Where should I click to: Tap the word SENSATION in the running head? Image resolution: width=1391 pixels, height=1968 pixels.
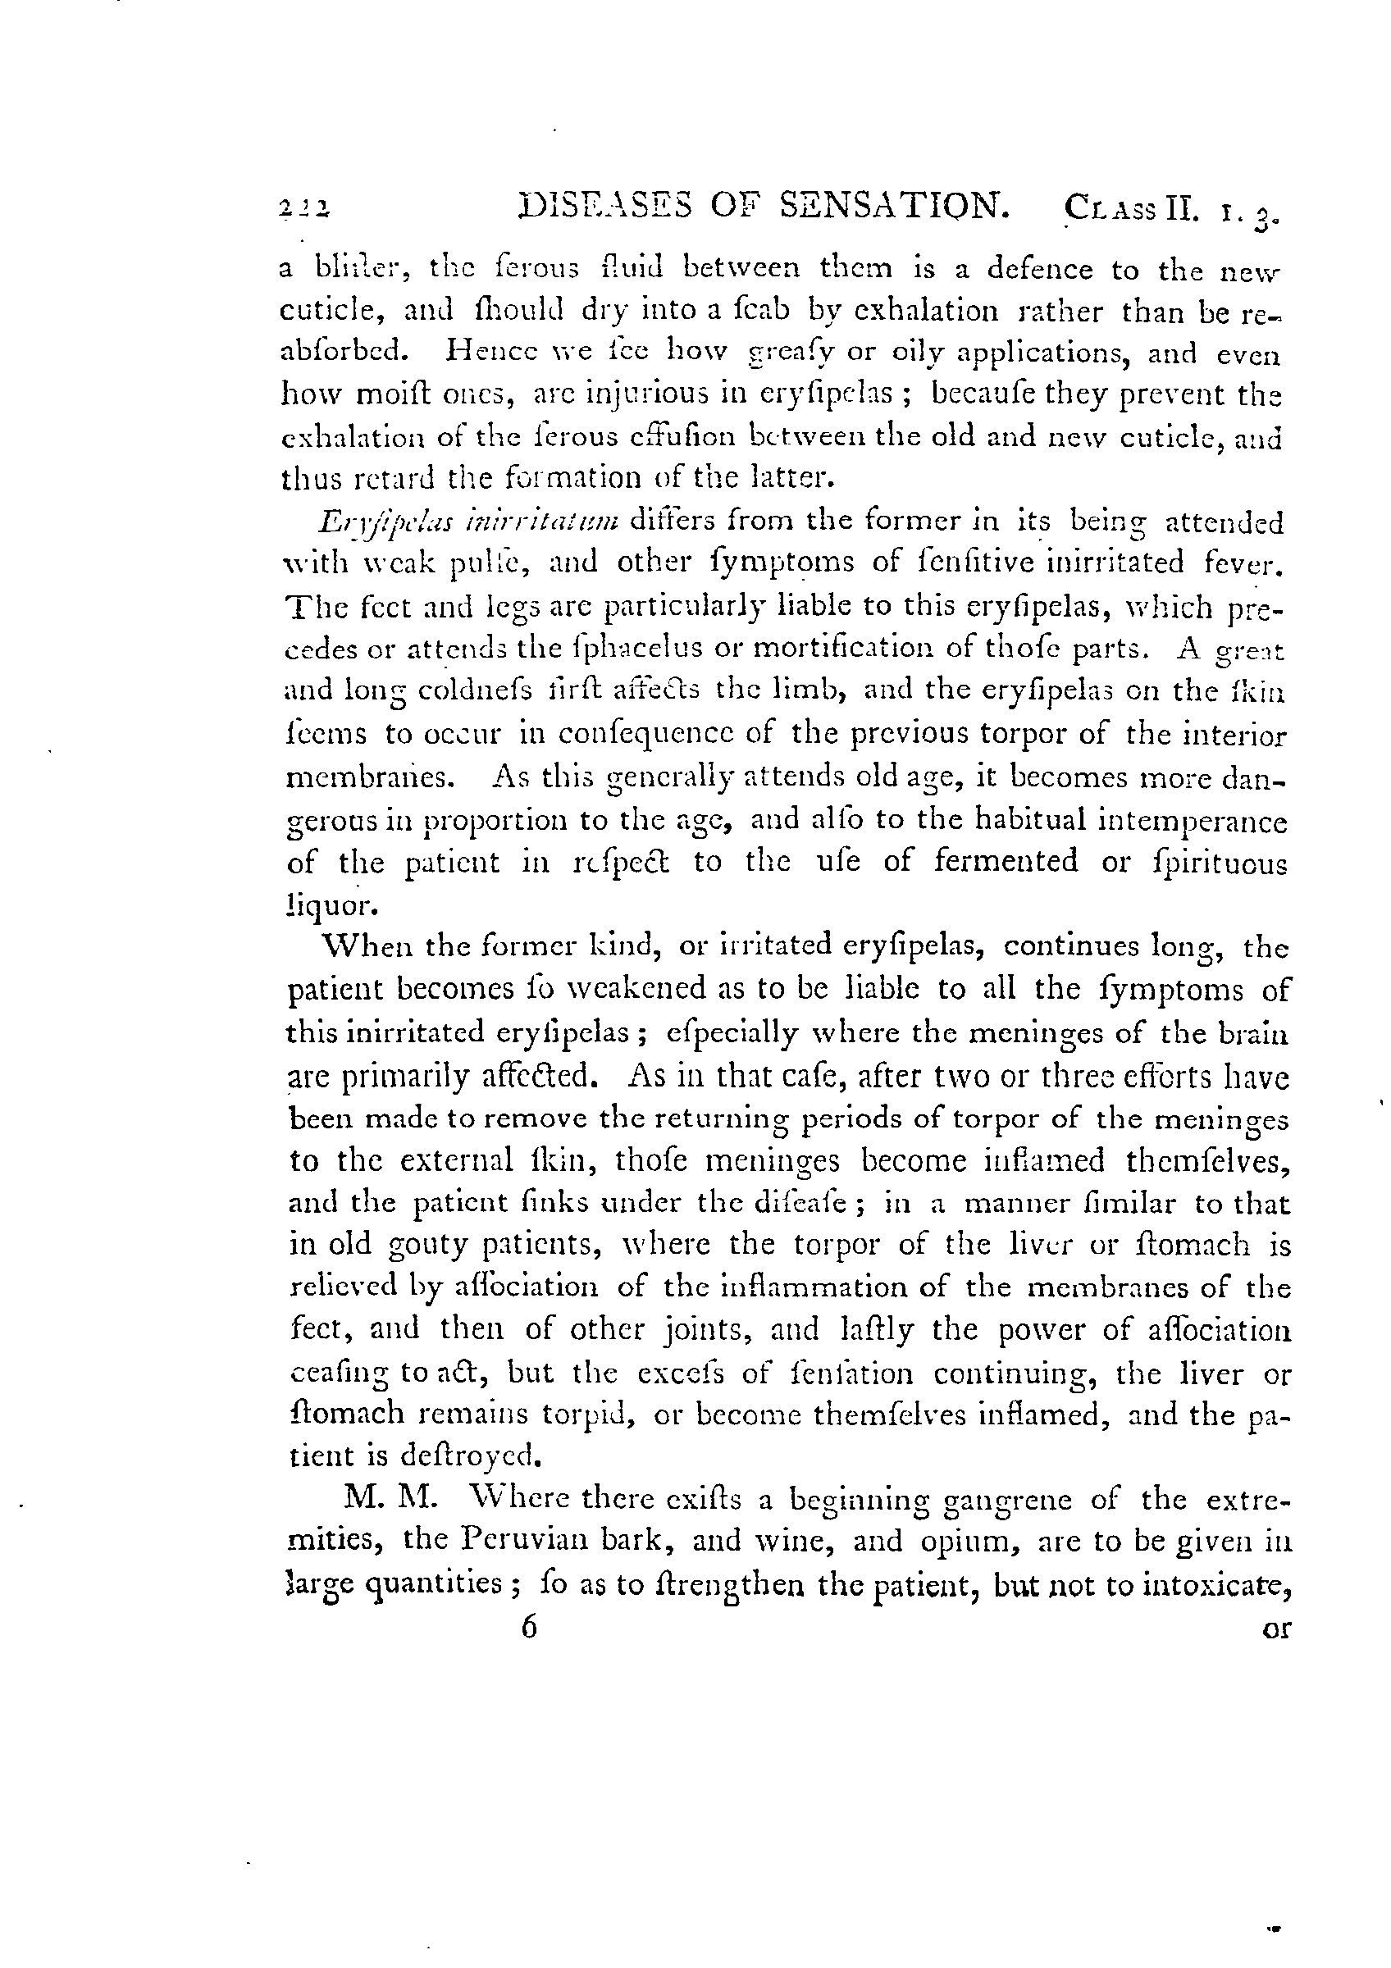point(892,207)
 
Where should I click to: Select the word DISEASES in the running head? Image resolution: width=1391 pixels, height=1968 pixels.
point(605,207)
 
